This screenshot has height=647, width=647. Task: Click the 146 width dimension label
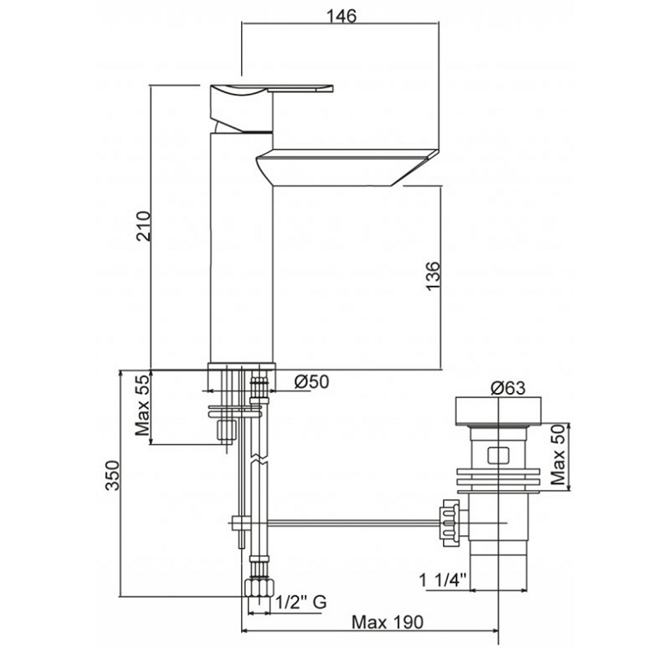coord(340,16)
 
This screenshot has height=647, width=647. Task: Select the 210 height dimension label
coord(144,226)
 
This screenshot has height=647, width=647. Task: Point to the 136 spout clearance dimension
coord(433,276)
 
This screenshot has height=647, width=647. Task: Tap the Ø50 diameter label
coord(311,382)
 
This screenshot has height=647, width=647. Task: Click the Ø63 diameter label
coord(508,388)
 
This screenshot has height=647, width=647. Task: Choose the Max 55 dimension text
coord(143,405)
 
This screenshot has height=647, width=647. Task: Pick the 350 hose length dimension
coord(112,475)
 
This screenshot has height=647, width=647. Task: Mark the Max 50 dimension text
coord(557,455)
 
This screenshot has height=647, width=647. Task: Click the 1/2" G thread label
coord(300,602)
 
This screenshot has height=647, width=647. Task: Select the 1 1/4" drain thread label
coord(442,580)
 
